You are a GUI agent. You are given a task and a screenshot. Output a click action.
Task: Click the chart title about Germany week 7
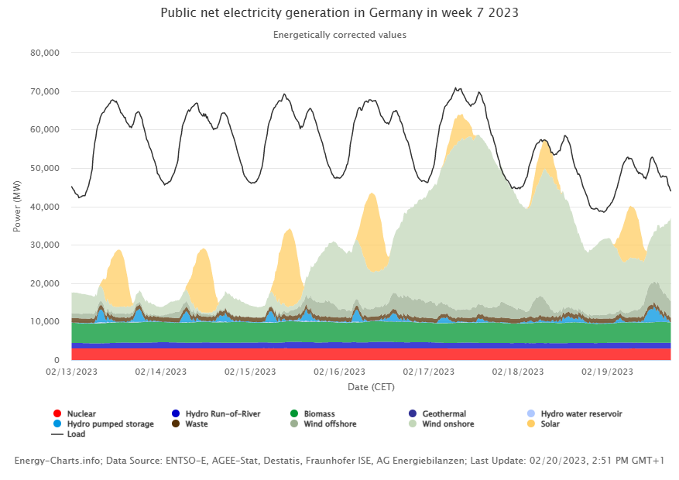point(339,13)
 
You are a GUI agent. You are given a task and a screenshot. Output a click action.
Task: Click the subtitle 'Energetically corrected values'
point(339,35)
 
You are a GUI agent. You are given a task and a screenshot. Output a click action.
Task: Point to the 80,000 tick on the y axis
point(44,53)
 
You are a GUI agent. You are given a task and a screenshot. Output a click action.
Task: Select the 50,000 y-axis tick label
point(44,169)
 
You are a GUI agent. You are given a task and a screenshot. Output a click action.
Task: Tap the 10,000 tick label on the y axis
point(44,322)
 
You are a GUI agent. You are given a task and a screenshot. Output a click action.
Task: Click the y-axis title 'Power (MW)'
point(17,206)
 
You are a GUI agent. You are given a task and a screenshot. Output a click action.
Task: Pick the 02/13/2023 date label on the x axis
point(71,372)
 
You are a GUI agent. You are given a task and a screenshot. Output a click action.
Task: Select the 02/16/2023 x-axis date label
point(339,372)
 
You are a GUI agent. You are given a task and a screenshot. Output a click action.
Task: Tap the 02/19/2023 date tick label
point(607,372)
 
